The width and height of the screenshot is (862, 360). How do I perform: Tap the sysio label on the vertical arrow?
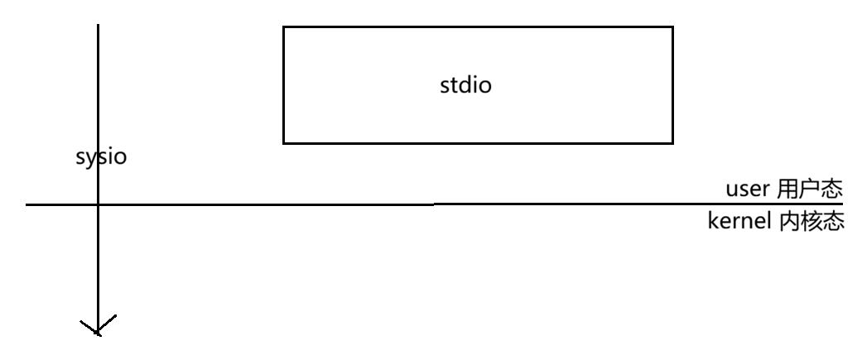[101, 157]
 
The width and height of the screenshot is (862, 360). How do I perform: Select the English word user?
[749, 189]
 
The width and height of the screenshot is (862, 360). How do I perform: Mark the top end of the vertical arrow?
[98, 25]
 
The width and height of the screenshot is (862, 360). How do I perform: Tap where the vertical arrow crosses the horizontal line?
[98, 204]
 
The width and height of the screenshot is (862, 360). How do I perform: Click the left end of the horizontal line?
[26, 204]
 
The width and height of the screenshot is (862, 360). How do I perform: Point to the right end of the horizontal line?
[842, 204]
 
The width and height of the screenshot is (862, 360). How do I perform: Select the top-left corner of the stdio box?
[283, 26]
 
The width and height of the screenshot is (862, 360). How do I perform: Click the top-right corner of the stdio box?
[672, 26]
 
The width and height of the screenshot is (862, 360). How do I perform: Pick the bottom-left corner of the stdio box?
[283, 143]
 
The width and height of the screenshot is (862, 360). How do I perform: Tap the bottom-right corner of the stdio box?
[672, 143]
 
